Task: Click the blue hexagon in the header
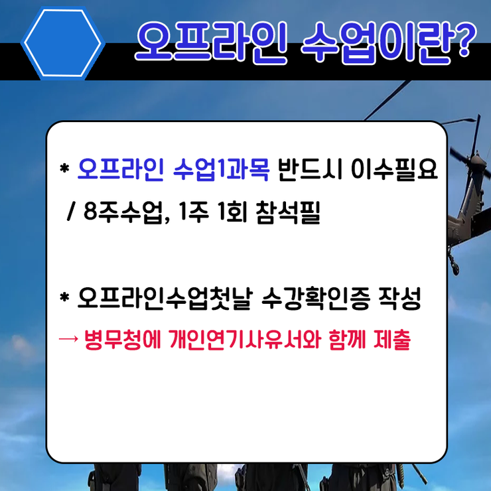pyautogui.click(x=63, y=43)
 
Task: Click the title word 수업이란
pyautogui.click(x=376, y=42)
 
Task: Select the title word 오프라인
pyautogui.click(x=211, y=42)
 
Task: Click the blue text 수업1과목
pyautogui.click(x=221, y=169)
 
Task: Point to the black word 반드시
pyautogui.click(x=310, y=169)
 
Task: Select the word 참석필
pyautogui.click(x=288, y=212)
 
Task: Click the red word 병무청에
pyautogui.click(x=123, y=339)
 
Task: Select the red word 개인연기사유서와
pyautogui.click(x=245, y=339)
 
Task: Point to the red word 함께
pyautogui.click(x=347, y=339)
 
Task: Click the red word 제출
pyautogui.click(x=391, y=339)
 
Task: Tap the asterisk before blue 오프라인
pyautogui.click(x=64, y=169)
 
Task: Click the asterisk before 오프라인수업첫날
pyautogui.click(x=64, y=297)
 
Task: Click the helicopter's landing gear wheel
pyautogui.click(x=455, y=269)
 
